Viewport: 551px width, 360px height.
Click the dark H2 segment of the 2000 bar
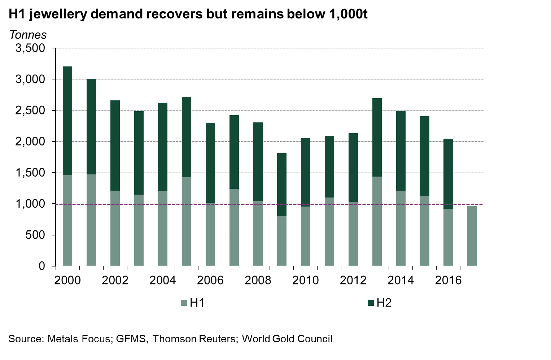(67, 121)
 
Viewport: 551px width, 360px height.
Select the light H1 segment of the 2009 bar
(282, 241)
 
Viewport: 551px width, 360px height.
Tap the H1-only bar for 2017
(472, 236)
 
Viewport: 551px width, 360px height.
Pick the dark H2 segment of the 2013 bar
(377, 137)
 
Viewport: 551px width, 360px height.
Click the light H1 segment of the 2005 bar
(187, 221)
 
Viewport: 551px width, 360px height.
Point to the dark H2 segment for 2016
(448, 174)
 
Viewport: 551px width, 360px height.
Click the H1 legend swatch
(184, 303)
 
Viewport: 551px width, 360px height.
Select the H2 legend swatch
(371, 303)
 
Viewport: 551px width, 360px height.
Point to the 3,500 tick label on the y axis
(30, 48)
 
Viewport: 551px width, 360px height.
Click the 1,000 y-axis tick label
(30, 204)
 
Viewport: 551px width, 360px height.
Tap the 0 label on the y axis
(42, 266)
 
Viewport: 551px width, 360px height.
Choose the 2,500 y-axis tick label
(30, 110)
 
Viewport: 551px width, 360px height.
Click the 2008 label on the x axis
(258, 280)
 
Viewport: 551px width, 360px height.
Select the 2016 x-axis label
(448, 280)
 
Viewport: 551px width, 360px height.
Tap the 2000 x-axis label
(67, 280)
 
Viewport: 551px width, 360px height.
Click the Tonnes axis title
(28, 35)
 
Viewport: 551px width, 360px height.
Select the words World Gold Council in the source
(287, 339)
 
